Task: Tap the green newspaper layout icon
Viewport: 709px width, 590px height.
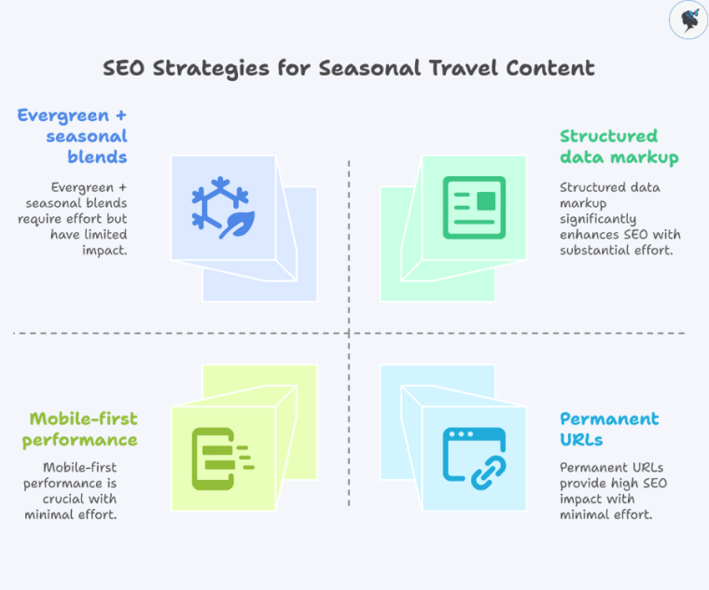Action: [x=474, y=207]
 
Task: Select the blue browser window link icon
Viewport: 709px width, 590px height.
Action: [x=474, y=459]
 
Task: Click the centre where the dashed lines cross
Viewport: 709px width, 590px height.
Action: [x=349, y=333]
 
